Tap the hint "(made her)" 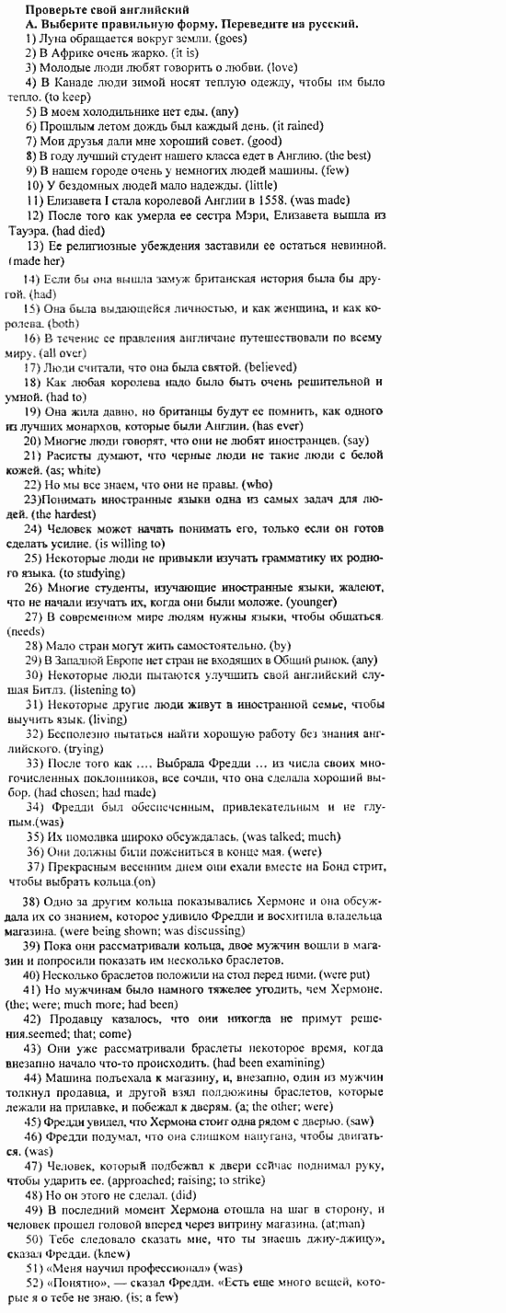tap(33, 260)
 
